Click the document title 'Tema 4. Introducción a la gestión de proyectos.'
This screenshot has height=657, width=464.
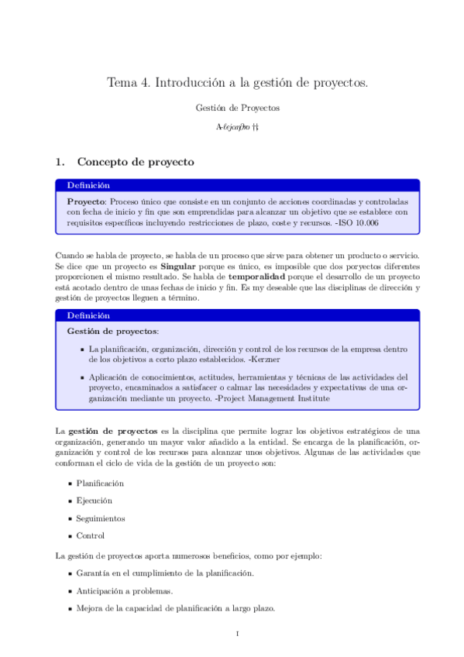(x=236, y=81)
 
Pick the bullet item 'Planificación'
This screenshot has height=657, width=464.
(x=100, y=483)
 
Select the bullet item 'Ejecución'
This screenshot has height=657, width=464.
(x=94, y=500)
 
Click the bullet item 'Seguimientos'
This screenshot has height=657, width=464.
(x=101, y=518)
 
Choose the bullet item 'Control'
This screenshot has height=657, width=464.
(x=90, y=535)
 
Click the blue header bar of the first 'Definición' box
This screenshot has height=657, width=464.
(x=238, y=186)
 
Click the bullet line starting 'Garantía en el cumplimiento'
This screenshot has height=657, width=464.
(x=165, y=573)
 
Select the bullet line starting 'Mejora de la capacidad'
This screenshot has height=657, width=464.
(x=175, y=607)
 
